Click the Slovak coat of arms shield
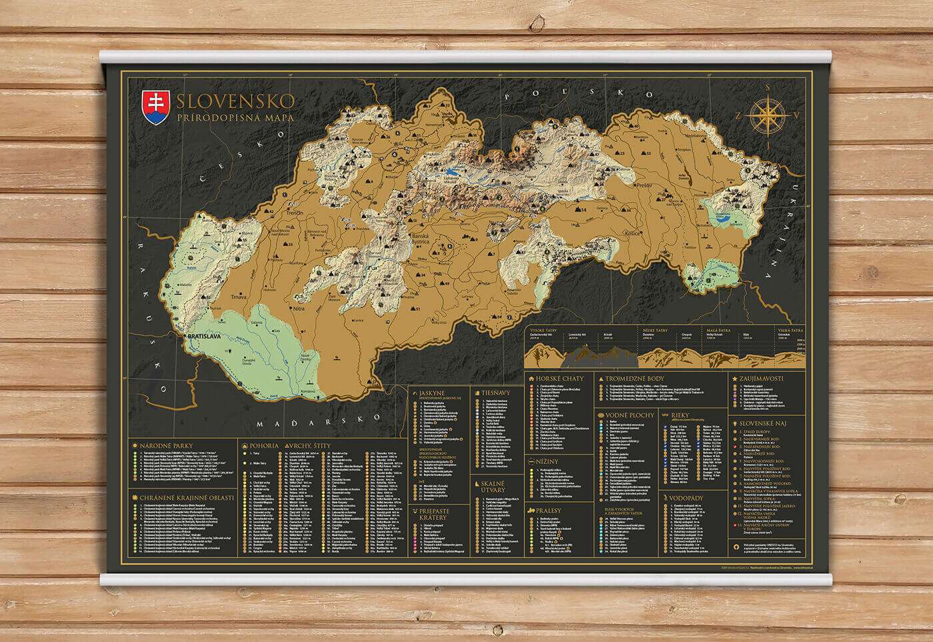(155, 107)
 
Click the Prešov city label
(643, 184)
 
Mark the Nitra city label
(299, 309)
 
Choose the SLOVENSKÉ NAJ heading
(764, 422)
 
